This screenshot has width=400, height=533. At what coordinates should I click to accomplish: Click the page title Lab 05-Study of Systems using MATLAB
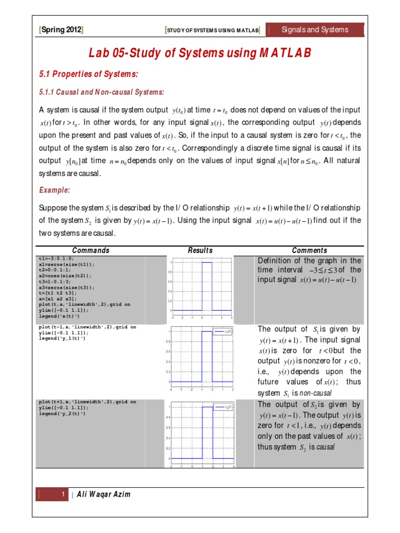click(201, 53)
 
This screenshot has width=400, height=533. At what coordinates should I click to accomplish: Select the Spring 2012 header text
click(61, 30)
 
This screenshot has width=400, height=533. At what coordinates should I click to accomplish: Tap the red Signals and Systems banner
click(315, 30)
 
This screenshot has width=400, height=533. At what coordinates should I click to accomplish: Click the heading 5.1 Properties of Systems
click(89, 74)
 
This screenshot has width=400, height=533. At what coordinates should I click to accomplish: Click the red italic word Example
click(55, 191)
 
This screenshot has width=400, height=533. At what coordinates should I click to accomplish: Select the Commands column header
click(91, 250)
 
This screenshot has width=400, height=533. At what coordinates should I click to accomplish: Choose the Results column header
click(201, 250)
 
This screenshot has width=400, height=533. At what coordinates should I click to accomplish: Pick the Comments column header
click(309, 250)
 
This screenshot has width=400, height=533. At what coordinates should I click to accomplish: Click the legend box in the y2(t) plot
click(223, 407)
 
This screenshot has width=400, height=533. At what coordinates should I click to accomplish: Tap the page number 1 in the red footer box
click(62, 494)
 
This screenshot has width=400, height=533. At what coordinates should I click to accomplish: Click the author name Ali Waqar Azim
click(104, 494)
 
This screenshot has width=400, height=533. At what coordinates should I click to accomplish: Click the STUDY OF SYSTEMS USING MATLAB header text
click(213, 31)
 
